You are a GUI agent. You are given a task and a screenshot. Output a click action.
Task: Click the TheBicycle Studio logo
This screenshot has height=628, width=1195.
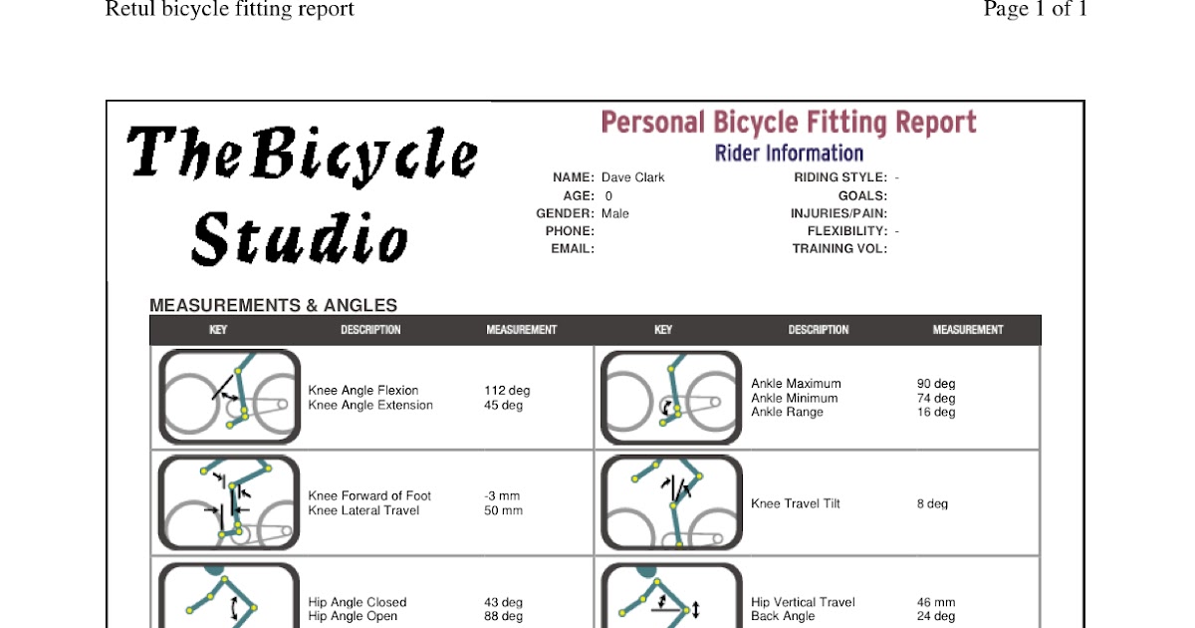pos(302,194)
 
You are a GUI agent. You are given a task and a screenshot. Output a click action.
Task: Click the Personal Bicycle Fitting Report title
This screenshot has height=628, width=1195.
pos(789,123)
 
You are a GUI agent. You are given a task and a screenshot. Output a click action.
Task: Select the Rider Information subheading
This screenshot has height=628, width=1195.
pos(789,153)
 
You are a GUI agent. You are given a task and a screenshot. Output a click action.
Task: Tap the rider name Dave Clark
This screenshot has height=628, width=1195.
pos(632,177)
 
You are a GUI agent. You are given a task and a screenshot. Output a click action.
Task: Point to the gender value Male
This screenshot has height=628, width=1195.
pos(615,213)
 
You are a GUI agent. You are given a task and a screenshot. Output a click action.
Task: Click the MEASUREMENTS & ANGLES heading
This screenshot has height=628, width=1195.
pos(273,306)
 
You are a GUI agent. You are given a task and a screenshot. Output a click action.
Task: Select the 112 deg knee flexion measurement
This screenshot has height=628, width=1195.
pos(507,391)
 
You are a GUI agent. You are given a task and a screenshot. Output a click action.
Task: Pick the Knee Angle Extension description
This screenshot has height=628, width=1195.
pos(370,406)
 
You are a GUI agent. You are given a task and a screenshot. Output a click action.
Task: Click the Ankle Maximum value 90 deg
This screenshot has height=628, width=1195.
pos(936,384)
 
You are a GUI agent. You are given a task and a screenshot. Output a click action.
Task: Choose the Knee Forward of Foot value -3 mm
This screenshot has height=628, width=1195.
pos(502,496)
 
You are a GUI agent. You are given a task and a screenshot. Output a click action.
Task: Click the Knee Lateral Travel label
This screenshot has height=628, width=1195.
pos(363,511)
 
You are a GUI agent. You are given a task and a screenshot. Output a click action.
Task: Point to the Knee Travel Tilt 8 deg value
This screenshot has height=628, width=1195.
pos(933,504)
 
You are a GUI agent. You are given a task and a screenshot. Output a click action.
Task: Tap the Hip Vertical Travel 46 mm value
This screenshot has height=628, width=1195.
pos(936,602)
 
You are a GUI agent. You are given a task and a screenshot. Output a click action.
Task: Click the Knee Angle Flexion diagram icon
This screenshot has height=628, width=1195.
pos(229,397)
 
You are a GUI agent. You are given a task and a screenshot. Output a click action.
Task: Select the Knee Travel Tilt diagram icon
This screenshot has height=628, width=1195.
pos(671,503)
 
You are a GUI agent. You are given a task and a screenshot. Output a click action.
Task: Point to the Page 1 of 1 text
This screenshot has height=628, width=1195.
pos(1035,10)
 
